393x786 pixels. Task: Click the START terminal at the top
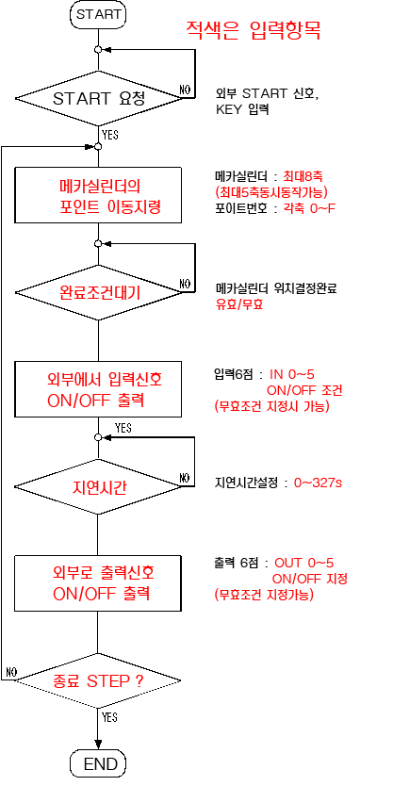[x=98, y=14]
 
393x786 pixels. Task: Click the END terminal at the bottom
[x=98, y=763]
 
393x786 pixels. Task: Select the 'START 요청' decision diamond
[x=98, y=99]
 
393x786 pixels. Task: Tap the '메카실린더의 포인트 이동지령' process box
[x=98, y=195]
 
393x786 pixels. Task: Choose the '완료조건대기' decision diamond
[x=98, y=292]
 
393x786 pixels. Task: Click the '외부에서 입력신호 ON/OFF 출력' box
[x=98, y=389]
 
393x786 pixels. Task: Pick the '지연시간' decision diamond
[x=98, y=486]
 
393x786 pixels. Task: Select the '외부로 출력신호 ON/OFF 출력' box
[x=98, y=583]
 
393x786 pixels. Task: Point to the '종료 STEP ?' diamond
[x=98, y=680]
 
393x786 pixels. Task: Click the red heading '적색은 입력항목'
[x=254, y=30]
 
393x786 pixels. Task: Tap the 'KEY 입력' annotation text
[x=242, y=109]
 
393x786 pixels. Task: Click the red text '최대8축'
[x=302, y=176]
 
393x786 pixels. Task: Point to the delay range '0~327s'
[x=319, y=483]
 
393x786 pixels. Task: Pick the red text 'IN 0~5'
[x=292, y=374]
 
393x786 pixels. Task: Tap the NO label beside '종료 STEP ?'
[x=11, y=671]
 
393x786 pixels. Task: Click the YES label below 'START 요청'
[x=109, y=135]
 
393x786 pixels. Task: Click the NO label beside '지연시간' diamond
[x=185, y=477]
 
